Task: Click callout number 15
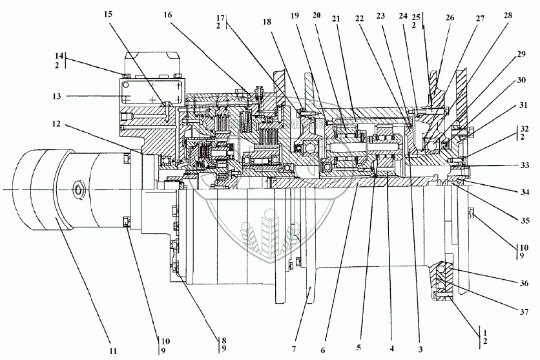tap(108, 15)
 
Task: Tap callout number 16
tap(168, 15)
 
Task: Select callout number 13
tap(57, 96)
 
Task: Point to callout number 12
tap(56, 123)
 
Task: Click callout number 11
tap(113, 351)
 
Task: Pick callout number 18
tap(267, 22)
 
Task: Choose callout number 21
tap(336, 19)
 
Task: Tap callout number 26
tap(450, 17)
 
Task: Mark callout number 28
tap(508, 16)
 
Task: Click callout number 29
tap(521, 54)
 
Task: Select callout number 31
tap(523, 105)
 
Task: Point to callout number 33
tap(524, 165)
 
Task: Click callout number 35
tap(525, 220)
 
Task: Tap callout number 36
tap(524, 284)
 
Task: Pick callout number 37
tap(524, 312)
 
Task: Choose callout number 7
tap(294, 349)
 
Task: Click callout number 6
tap(323, 350)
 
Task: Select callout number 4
tap(392, 348)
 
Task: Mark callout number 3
tap(421, 350)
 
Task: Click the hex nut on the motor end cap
tap(79, 190)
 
